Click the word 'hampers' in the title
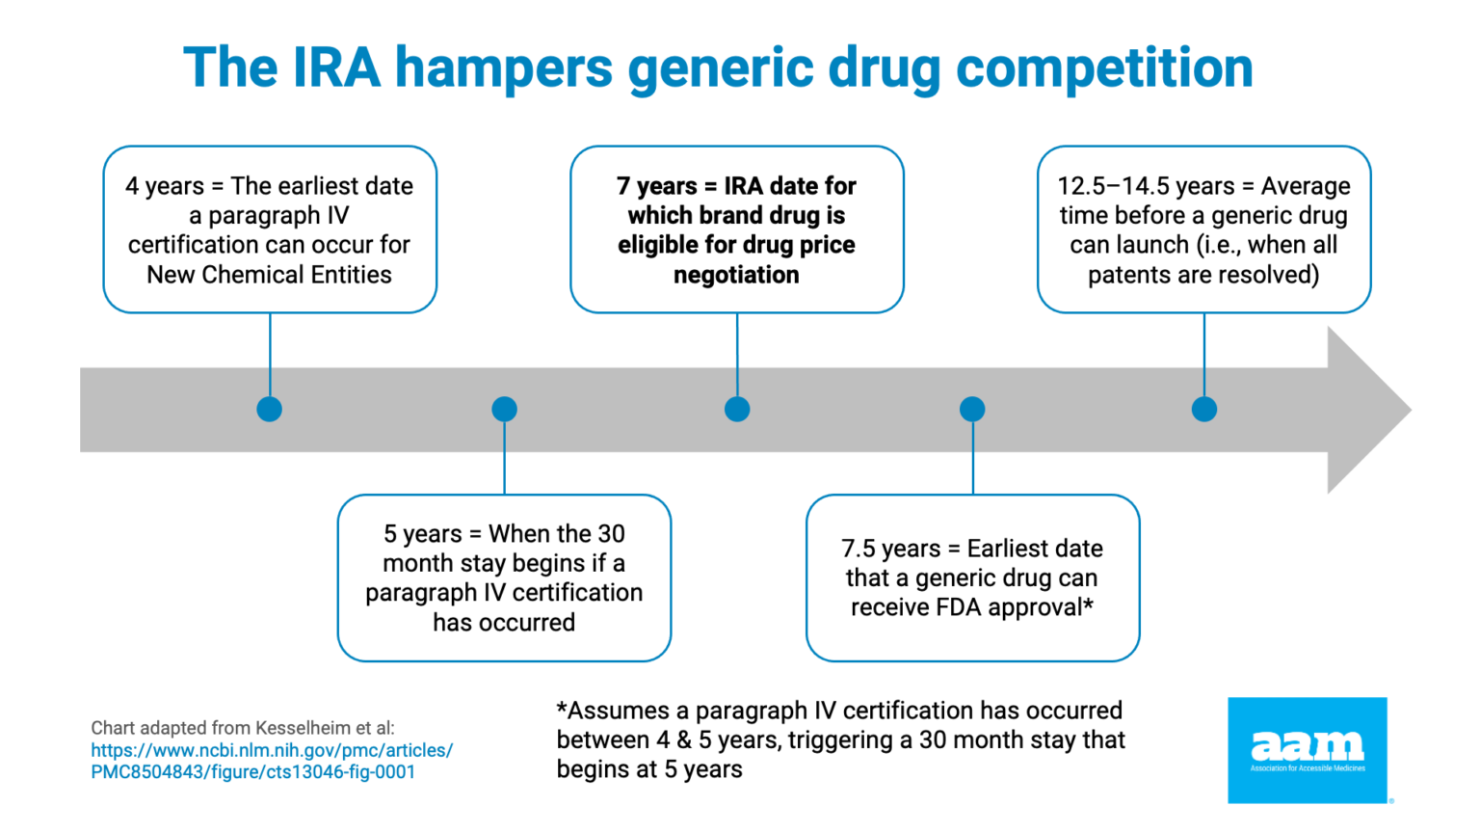click(x=503, y=69)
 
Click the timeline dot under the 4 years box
click(x=270, y=409)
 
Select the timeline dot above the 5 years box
click(x=504, y=409)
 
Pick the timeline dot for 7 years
click(x=737, y=409)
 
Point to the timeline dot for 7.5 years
click(x=972, y=409)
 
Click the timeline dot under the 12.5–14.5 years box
click(x=1204, y=409)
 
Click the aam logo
click(x=1307, y=749)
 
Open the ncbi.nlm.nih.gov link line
click(x=272, y=750)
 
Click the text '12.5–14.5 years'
click(x=1132, y=186)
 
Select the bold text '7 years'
click(x=656, y=186)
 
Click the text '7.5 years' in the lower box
click(x=890, y=549)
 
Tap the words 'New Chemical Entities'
click(x=269, y=275)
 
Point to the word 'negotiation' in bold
click(x=736, y=275)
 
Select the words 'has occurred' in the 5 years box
click(x=504, y=623)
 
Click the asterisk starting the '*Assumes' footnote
click(x=562, y=709)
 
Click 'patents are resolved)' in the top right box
click(x=1203, y=275)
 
